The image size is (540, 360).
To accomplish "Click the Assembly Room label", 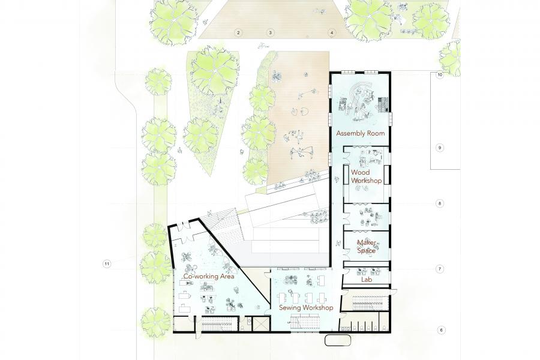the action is click(360, 133).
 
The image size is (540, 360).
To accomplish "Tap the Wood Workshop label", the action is click(366, 176).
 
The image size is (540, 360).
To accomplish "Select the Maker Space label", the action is click(366, 247).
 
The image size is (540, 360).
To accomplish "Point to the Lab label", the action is click(367, 280).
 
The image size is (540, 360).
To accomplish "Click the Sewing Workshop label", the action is click(306, 308).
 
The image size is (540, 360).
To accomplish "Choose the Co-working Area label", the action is click(209, 276).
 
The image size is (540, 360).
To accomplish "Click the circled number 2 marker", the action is click(238, 33).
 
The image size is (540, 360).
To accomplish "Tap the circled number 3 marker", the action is click(271, 33).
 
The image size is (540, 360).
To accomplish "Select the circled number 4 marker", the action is click(332, 33).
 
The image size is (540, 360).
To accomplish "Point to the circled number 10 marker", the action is click(439, 75).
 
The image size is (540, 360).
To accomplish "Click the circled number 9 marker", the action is click(439, 148).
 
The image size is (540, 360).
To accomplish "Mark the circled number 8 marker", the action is click(439, 203).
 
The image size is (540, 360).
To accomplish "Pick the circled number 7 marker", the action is click(439, 269).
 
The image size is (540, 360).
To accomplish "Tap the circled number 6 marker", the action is click(440, 330).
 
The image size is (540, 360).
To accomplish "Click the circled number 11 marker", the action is click(107, 264).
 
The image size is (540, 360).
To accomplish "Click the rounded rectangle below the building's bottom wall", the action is click(338, 340).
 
